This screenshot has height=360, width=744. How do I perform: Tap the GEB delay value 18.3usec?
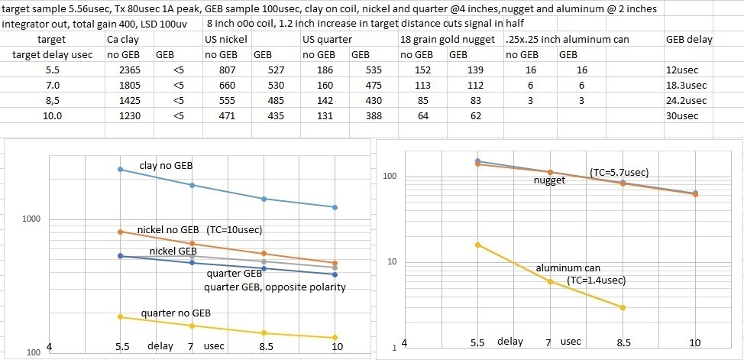[683, 86]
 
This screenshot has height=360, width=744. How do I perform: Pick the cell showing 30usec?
[679, 116]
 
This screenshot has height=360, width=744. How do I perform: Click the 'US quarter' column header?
[326, 38]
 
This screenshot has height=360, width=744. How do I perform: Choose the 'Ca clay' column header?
[122, 38]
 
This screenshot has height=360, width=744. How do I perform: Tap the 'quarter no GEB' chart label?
[176, 313]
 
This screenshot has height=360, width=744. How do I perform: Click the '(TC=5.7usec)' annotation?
[619, 173]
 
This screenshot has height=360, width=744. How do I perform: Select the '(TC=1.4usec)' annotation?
[597, 281]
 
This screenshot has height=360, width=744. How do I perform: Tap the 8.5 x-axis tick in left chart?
[264, 346]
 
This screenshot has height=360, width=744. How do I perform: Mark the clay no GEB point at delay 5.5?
[121, 169]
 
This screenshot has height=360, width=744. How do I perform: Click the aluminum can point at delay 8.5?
[623, 307]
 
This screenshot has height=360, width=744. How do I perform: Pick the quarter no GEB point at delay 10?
[335, 338]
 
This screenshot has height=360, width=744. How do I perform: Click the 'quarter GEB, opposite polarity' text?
[275, 287]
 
